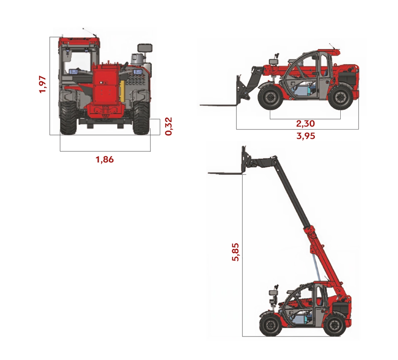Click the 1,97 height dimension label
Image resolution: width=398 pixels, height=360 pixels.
pos(43,84)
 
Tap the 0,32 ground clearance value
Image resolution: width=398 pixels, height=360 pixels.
pos(168,126)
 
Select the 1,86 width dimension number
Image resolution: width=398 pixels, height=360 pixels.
pos(105,160)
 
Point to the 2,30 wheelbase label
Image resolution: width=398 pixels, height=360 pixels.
pos(305,123)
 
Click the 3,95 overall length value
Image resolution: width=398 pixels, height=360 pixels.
pos(306,136)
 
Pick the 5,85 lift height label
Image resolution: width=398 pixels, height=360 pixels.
pos(235,252)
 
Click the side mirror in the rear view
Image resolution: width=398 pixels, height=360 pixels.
pos(145,47)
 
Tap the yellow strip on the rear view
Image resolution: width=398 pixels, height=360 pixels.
pos(122,91)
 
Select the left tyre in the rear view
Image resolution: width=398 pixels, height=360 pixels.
pos(68,118)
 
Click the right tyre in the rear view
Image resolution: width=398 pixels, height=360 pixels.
pos(141,118)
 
